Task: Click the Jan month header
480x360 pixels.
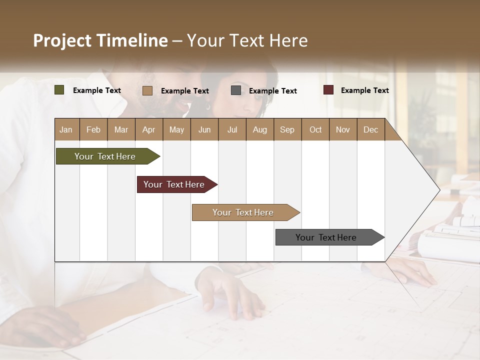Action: coord(66,129)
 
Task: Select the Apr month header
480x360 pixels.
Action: coord(148,129)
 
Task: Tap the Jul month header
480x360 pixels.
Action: coord(232,129)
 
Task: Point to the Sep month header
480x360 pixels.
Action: coord(287,129)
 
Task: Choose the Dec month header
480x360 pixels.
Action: coord(370,129)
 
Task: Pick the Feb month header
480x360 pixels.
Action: coord(93,129)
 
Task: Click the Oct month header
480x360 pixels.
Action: coord(315,129)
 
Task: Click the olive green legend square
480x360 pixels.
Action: coord(59,90)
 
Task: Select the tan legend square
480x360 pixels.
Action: coord(147,90)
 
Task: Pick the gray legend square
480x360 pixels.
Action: coord(236,90)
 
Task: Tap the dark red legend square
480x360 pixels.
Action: coord(328,90)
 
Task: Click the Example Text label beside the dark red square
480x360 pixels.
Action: coord(364,90)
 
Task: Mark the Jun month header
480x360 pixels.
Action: coord(204,129)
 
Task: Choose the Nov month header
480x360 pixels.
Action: coord(343,129)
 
